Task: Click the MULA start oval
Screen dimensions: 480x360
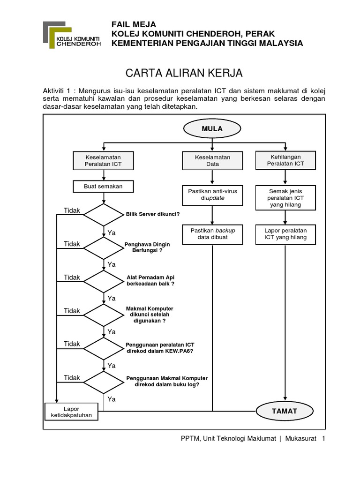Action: (x=212, y=128)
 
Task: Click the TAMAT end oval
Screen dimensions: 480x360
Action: (x=285, y=411)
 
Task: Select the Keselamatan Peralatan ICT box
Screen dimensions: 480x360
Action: (x=103, y=161)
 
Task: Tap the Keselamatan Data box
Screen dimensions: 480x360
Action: (x=212, y=161)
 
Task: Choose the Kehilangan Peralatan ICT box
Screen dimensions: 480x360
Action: (x=285, y=160)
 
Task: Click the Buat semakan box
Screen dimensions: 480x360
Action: (x=103, y=187)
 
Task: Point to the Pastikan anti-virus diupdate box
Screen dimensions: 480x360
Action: (x=212, y=195)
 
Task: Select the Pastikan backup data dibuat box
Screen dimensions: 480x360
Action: (x=212, y=234)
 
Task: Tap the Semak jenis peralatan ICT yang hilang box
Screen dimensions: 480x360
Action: (x=285, y=198)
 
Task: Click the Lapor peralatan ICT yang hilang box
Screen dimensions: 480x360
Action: (x=285, y=234)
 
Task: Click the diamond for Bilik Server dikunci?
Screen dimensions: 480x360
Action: (x=103, y=214)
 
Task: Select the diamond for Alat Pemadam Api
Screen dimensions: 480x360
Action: (x=103, y=281)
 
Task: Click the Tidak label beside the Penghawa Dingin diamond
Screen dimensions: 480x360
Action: (x=72, y=244)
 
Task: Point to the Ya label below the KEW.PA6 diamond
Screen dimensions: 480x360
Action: (x=112, y=365)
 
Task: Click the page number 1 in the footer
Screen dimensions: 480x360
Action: (x=323, y=438)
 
